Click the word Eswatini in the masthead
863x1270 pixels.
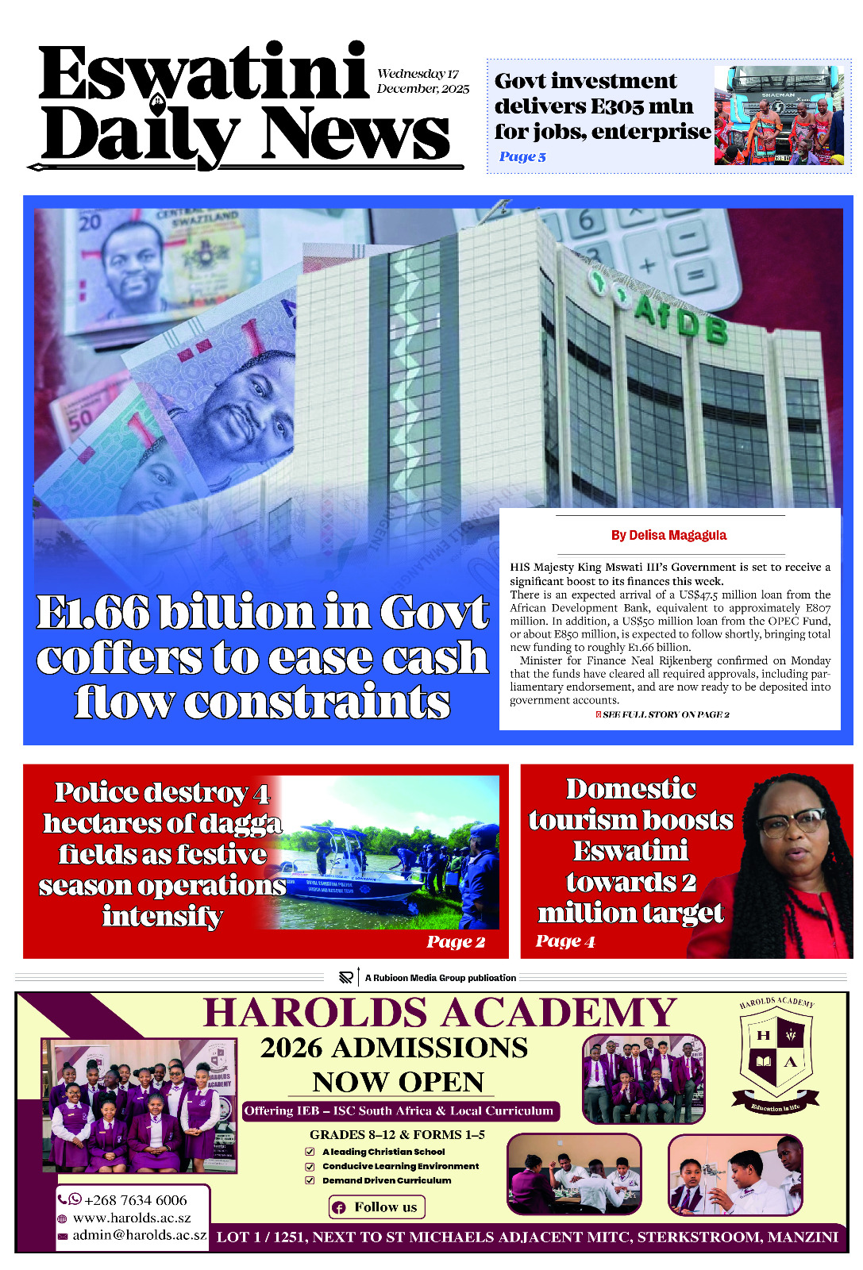(x=203, y=73)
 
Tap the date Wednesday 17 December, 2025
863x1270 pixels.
(x=422, y=81)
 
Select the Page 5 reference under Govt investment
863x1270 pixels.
(x=522, y=156)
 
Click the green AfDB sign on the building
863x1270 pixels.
(x=680, y=316)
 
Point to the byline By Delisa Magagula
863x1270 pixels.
(x=668, y=535)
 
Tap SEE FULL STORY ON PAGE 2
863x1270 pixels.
(x=665, y=714)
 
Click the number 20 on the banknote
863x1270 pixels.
(x=90, y=221)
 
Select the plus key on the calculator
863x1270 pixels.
(x=647, y=265)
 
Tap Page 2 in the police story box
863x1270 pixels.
(x=456, y=941)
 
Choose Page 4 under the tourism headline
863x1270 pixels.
(x=565, y=941)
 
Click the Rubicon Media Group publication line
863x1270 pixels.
(x=440, y=978)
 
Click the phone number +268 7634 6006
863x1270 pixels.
(x=135, y=1200)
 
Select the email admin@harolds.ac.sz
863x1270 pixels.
(x=139, y=1235)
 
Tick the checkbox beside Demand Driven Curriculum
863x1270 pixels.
(x=310, y=1180)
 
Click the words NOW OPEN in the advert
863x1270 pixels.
(x=398, y=1082)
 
